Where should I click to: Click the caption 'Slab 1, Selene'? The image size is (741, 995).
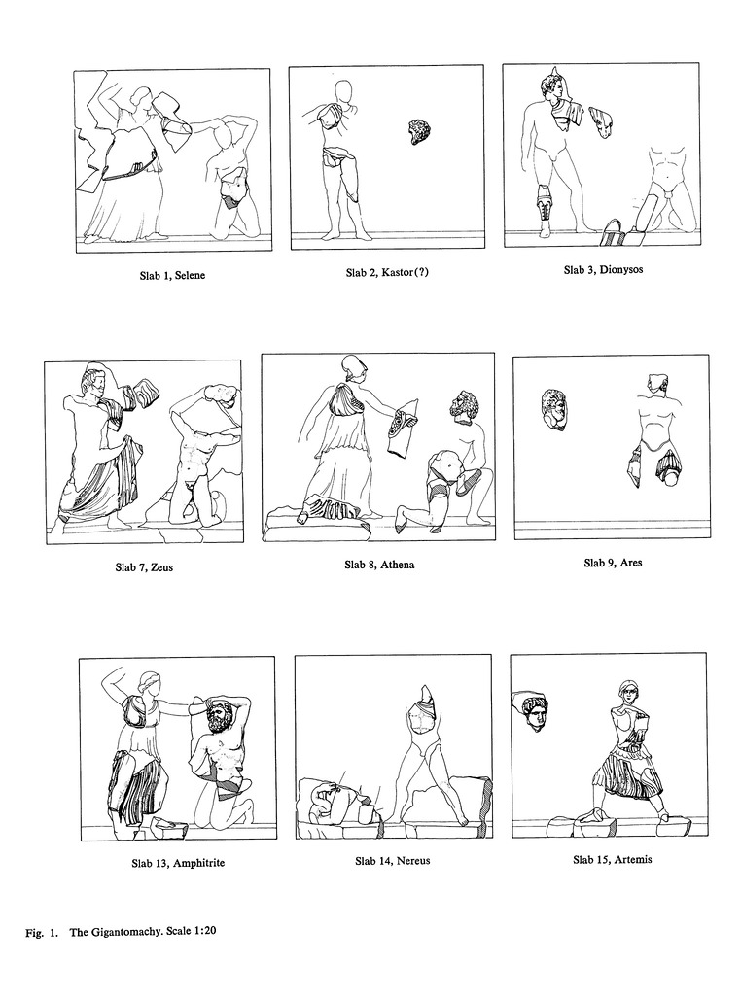pos(172,275)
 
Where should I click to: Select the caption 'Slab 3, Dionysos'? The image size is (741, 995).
pos(603,270)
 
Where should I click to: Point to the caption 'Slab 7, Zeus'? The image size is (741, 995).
pos(144,566)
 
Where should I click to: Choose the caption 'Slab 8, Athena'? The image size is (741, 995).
pos(379,565)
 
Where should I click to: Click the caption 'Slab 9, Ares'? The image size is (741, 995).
pos(613,563)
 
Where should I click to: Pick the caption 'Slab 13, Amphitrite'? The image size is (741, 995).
pos(178,863)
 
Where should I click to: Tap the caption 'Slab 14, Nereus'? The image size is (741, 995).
pos(393,861)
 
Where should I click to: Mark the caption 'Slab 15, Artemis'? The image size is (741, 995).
pos(612,860)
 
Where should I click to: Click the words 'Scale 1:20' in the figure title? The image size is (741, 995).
pos(186,932)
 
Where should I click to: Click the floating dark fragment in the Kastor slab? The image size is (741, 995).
pos(420,132)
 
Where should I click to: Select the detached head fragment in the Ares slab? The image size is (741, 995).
pos(553,408)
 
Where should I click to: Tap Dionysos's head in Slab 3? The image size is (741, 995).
pos(552,87)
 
